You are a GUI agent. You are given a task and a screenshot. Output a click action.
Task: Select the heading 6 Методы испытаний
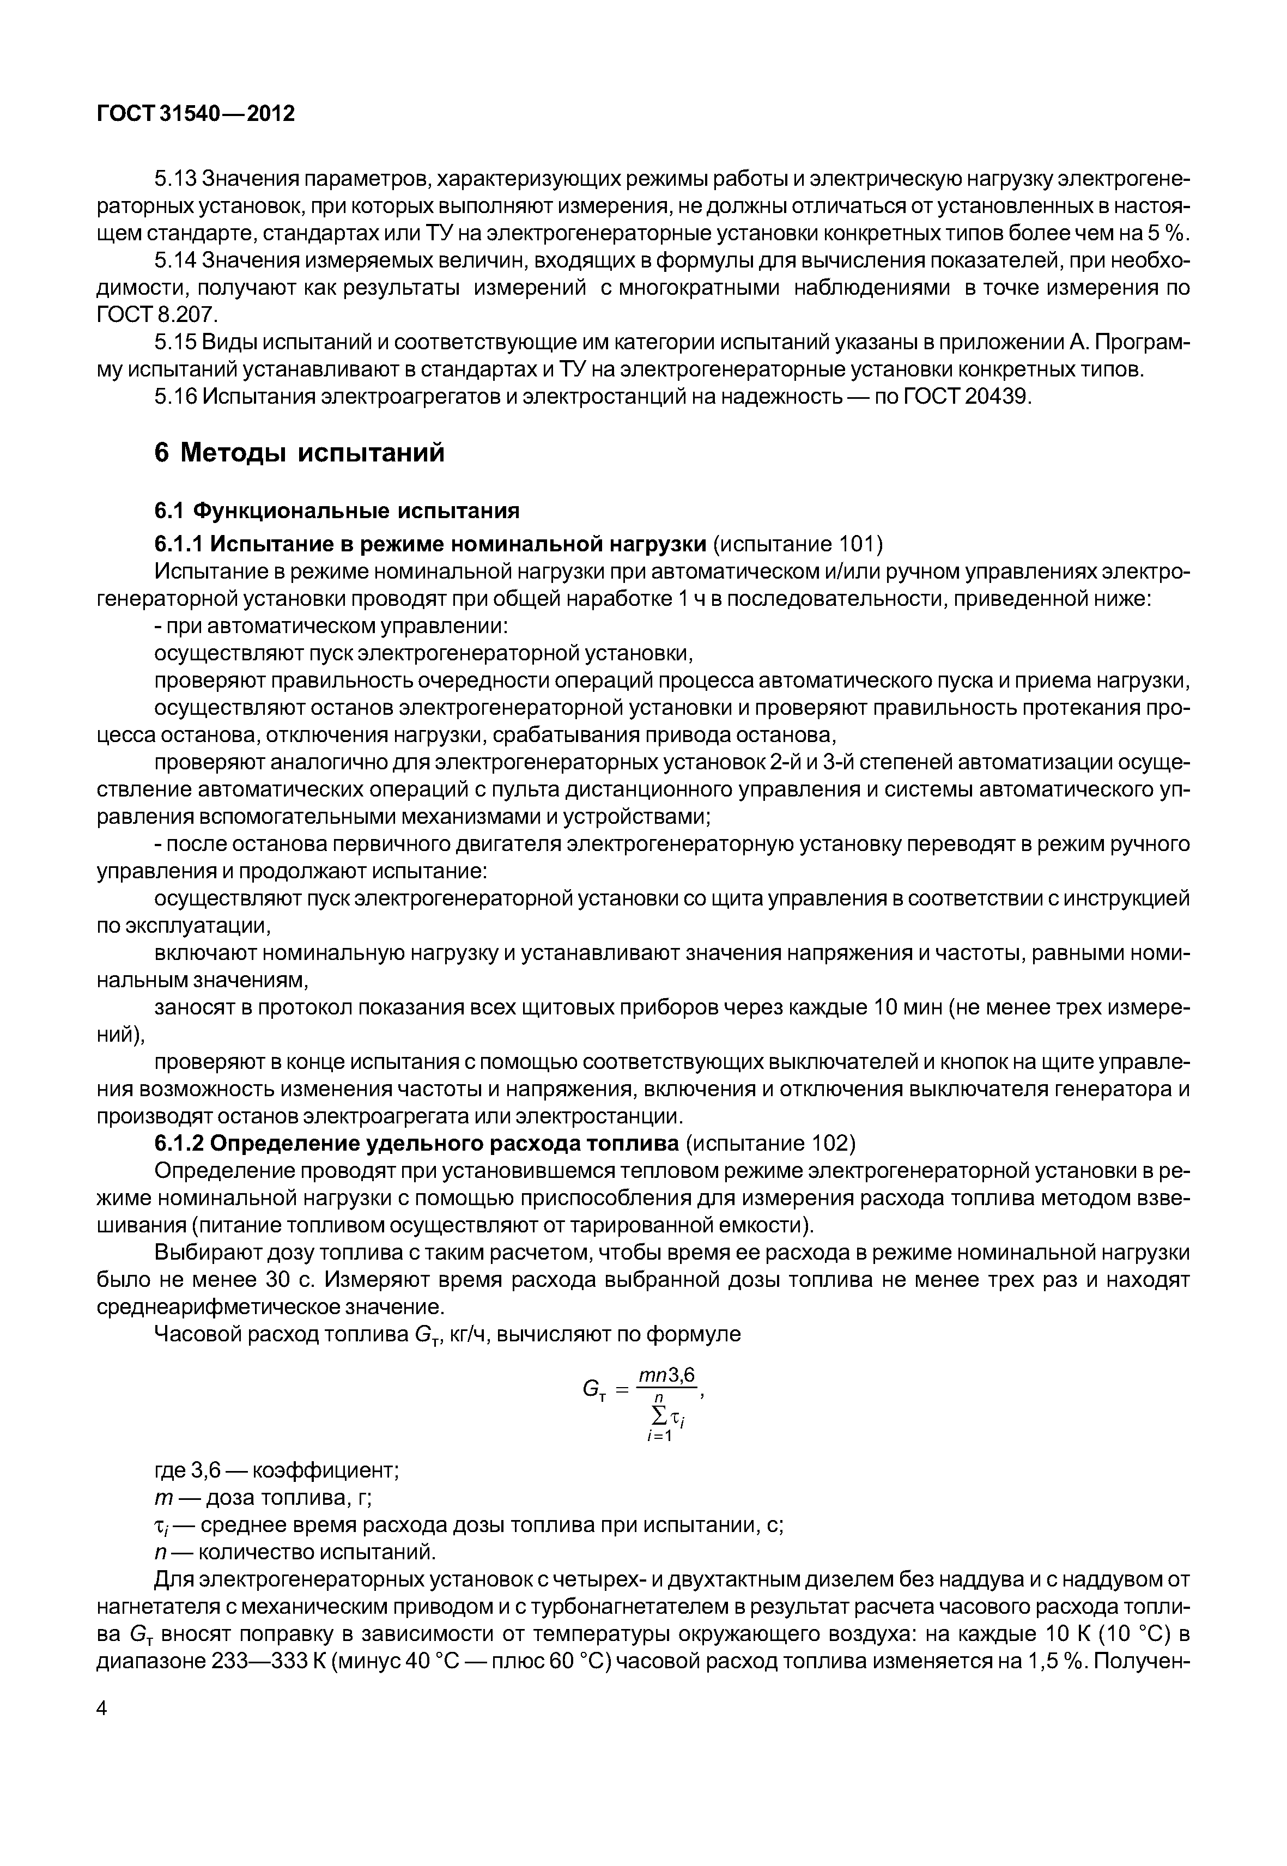click(x=299, y=453)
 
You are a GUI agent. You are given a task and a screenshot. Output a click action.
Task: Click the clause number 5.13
click(x=175, y=178)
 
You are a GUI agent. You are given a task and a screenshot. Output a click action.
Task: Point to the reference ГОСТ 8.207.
click(x=157, y=314)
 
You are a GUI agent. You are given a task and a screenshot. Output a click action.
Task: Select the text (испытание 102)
click(x=770, y=1144)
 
